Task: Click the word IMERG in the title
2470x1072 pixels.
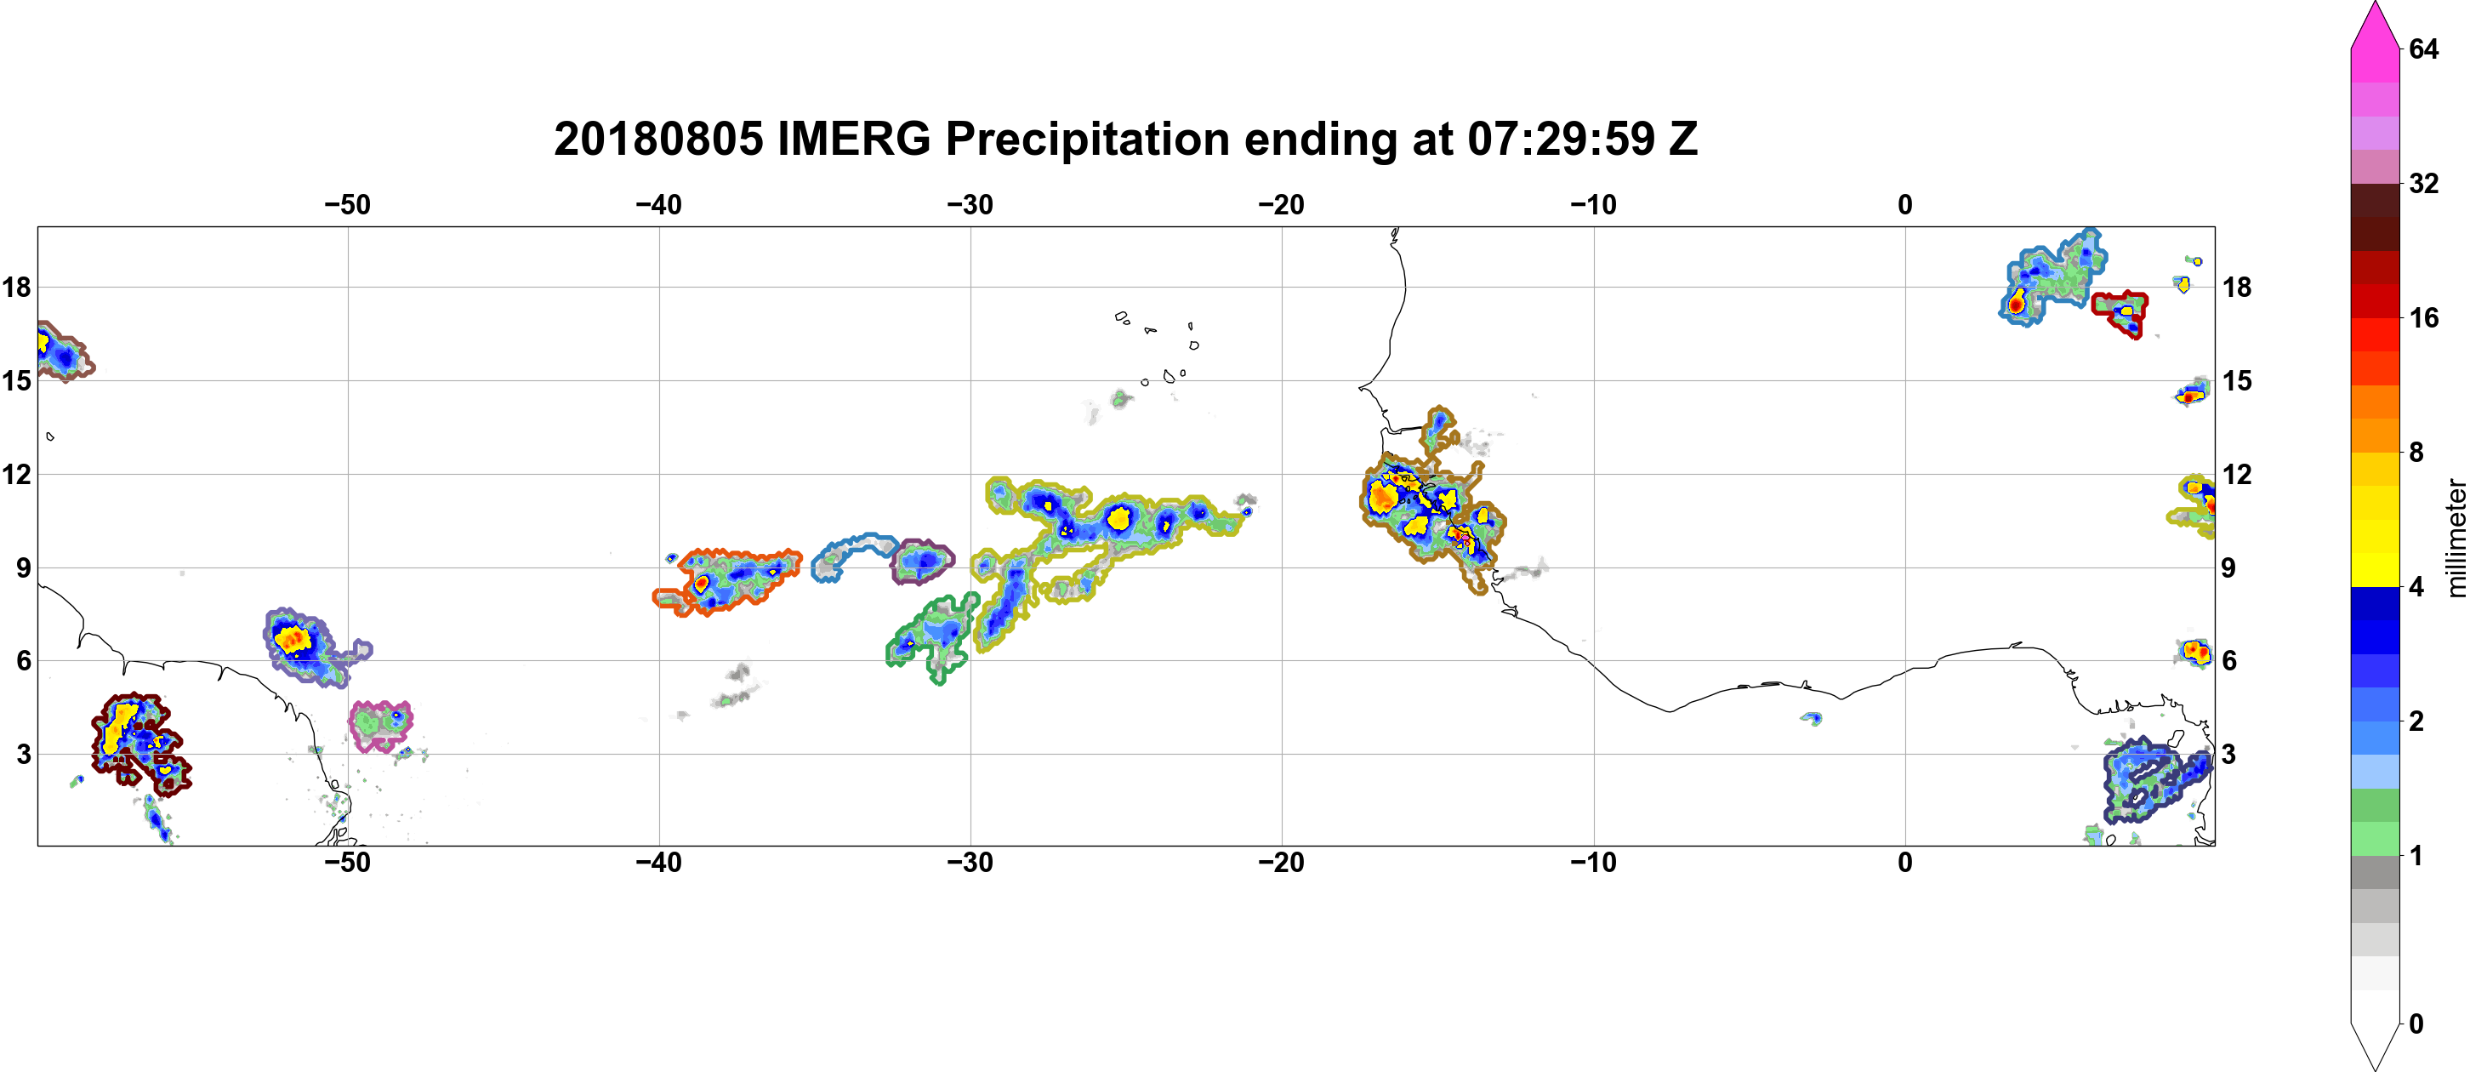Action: [x=853, y=139]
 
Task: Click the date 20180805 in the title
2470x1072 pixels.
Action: [x=658, y=139]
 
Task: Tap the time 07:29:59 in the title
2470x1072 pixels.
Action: [x=1561, y=139]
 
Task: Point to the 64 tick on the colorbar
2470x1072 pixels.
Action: [x=2424, y=48]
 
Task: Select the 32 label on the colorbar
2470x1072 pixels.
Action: [x=2424, y=183]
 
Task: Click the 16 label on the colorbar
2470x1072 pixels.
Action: [x=2424, y=317]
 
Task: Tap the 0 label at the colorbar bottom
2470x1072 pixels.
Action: [x=2416, y=1024]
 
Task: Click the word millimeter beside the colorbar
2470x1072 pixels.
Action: [x=2456, y=538]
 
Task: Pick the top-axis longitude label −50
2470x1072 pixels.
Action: [x=347, y=204]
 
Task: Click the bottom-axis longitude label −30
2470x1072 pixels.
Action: [x=970, y=862]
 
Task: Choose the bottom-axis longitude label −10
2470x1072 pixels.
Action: [x=1594, y=862]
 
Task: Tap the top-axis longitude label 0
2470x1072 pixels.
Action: [x=1905, y=204]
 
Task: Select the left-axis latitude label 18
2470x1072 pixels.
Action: [x=16, y=287]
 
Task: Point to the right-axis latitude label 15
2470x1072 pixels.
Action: [x=2237, y=380]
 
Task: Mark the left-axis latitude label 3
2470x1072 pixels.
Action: [x=23, y=754]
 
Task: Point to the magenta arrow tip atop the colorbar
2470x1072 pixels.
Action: [x=2375, y=3]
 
